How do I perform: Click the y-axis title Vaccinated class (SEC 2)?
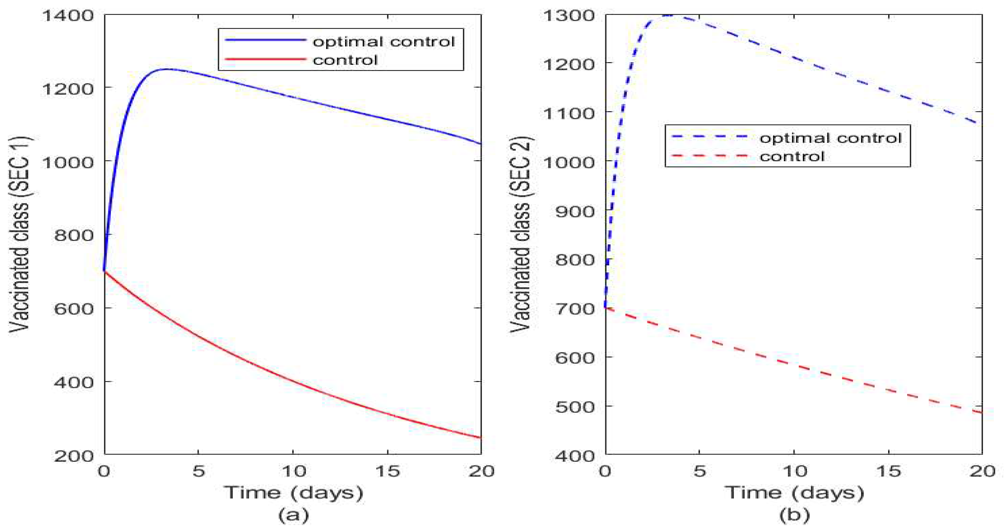pyautogui.click(x=520, y=234)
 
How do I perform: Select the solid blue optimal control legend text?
pyautogui.click(x=384, y=41)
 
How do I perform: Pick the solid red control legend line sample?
pyautogui.click(x=265, y=59)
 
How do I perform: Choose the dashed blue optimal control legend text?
pyautogui.click(x=831, y=138)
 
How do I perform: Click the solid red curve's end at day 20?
pyautogui.click(x=481, y=437)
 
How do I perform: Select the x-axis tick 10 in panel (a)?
pyautogui.click(x=293, y=471)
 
